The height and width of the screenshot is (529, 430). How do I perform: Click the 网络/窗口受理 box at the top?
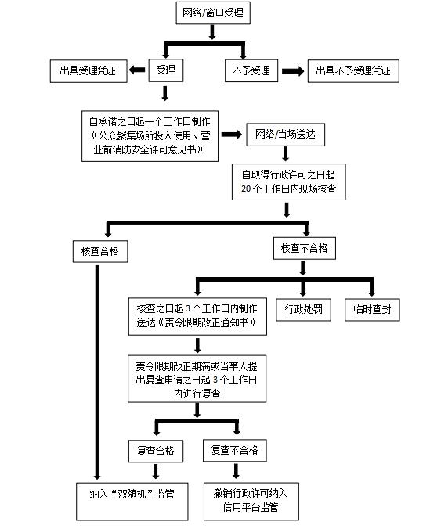[213, 13]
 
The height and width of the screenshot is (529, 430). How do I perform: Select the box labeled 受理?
[166, 70]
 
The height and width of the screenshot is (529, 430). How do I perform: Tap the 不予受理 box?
[251, 70]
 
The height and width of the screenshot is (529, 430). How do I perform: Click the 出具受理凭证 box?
[89, 71]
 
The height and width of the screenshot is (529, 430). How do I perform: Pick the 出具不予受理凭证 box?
[353, 71]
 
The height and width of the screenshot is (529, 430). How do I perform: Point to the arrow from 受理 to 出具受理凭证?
[137, 70]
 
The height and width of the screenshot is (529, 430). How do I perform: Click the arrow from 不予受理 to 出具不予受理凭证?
[293, 71]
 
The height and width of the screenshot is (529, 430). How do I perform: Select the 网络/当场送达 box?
[285, 135]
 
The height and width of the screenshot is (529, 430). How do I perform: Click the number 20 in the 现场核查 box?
[246, 189]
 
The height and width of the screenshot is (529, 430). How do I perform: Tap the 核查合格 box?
[100, 251]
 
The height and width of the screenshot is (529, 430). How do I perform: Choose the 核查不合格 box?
[305, 248]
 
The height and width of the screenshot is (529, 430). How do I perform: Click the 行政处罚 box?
[303, 309]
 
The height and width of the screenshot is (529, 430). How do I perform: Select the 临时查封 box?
[372, 309]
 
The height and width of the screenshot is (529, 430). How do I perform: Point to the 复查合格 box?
[156, 451]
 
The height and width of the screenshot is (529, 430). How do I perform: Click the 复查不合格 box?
[235, 451]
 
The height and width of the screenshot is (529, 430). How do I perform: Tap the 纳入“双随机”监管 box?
[132, 502]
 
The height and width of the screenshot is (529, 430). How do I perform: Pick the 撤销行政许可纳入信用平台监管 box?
[251, 501]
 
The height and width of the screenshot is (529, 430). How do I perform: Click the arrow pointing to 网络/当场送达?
[232, 135]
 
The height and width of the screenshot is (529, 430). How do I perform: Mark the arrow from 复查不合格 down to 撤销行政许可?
[236, 471]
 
